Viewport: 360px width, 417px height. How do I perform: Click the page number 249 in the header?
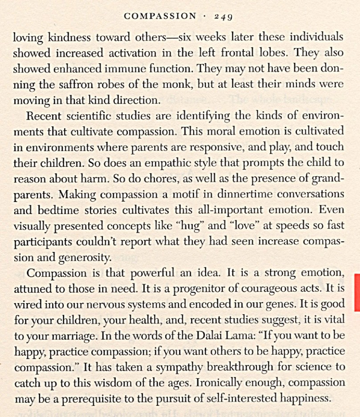coord(223,16)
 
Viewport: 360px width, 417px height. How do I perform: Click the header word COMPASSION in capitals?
coord(160,16)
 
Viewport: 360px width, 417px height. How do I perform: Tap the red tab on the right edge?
coord(356,292)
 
